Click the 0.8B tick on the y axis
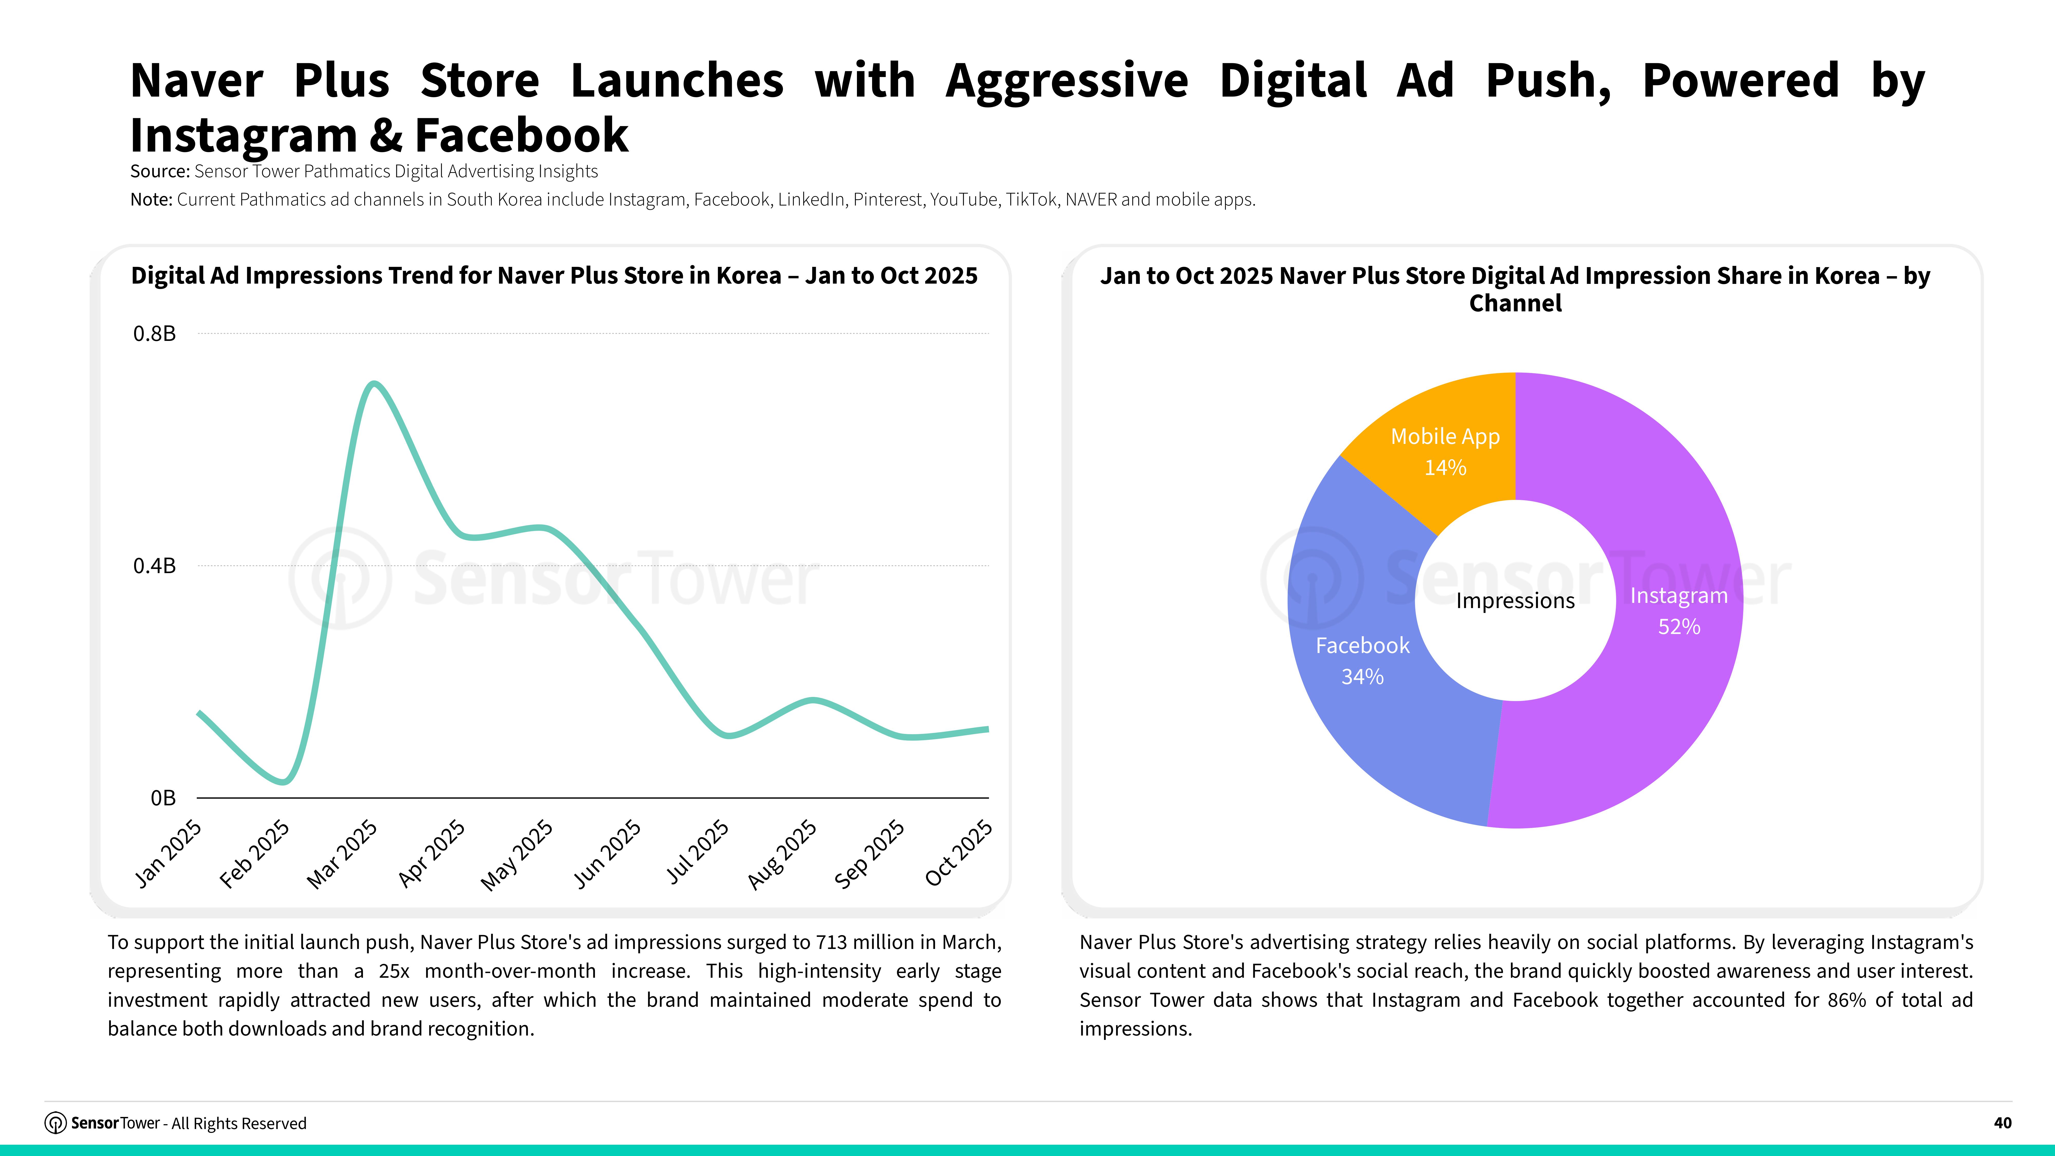point(154,333)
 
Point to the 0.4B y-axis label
point(154,566)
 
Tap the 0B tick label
point(163,798)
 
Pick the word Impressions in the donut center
point(1515,601)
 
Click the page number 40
point(2002,1123)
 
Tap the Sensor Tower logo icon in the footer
point(55,1123)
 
